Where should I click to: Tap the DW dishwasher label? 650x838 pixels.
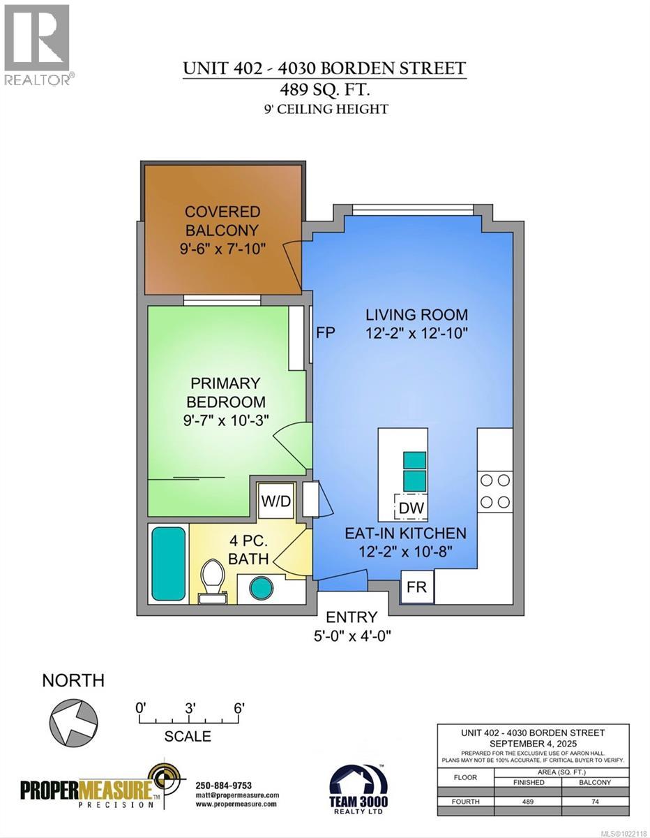pos(411,508)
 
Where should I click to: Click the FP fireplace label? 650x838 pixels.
pos(326,333)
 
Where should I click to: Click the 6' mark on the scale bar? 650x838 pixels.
pos(239,707)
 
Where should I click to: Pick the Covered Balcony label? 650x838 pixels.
pos(222,221)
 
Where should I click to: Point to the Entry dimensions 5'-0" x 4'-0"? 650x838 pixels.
pos(352,635)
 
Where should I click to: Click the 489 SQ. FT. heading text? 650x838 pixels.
pos(324,89)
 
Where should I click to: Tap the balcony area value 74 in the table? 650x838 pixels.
pos(596,802)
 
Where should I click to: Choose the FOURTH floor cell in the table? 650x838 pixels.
pos(465,802)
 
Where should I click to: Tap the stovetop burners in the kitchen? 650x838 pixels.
pos(494,490)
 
